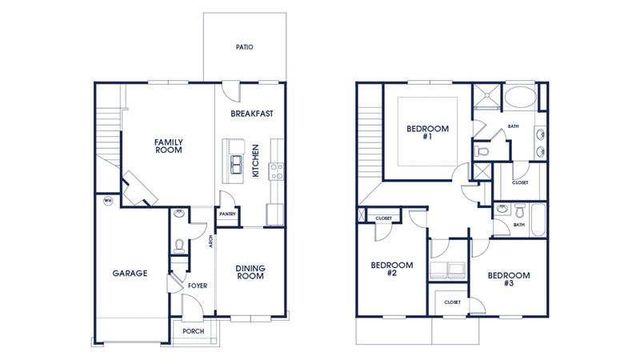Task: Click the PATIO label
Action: [243, 46]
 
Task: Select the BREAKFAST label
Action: [252, 114]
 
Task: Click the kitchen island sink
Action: [236, 163]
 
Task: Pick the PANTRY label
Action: [228, 213]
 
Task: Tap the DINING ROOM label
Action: [250, 272]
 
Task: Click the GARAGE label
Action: [130, 273]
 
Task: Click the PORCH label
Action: [193, 332]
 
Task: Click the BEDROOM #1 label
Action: [427, 133]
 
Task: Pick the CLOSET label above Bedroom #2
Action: [384, 218]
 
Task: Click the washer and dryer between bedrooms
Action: [446, 269]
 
